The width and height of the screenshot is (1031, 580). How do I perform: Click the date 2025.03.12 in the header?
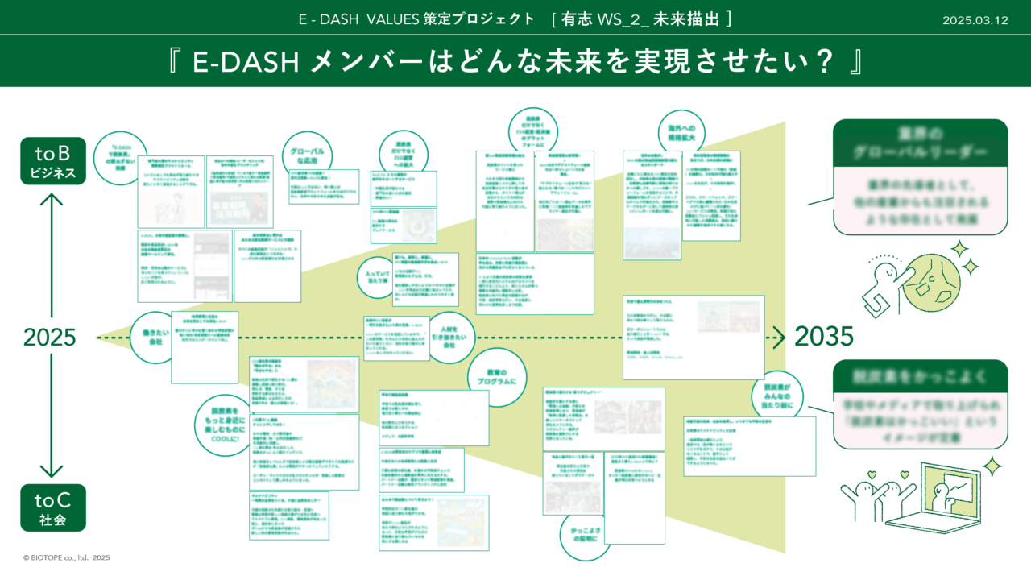tap(975, 21)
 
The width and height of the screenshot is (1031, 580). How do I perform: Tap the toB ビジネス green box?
tap(53, 161)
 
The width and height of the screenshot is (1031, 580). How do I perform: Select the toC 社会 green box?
tap(53, 507)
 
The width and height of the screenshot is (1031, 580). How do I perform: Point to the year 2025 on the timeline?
tap(50, 338)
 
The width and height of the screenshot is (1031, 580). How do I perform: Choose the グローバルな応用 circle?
tap(307, 153)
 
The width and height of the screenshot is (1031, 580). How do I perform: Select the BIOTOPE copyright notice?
tap(66, 557)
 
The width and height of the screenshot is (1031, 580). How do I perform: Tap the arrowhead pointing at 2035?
tap(779, 338)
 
